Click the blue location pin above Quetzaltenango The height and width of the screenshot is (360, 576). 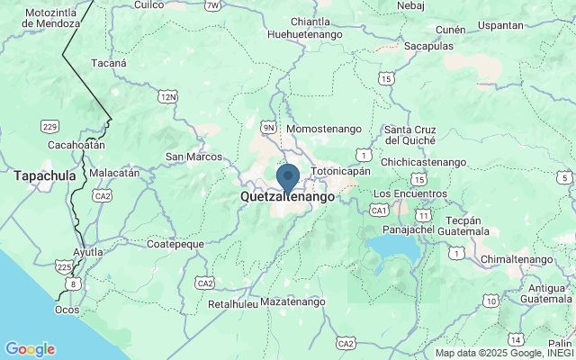pyautogui.click(x=288, y=177)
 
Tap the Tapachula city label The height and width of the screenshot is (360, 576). pyautogui.click(x=44, y=176)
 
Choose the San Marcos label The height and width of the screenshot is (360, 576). pyautogui.click(x=193, y=157)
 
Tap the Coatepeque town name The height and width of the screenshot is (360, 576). pyautogui.click(x=175, y=244)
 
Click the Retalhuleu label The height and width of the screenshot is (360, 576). pyautogui.click(x=233, y=303)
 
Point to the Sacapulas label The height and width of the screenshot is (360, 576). pyautogui.click(x=428, y=46)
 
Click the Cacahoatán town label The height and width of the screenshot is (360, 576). pyautogui.click(x=76, y=144)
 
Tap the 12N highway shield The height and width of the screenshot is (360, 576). pyautogui.click(x=167, y=94)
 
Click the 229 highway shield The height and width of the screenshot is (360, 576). pyautogui.click(x=50, y=126)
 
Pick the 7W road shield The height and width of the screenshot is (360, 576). pyautogui.click(x=212, y=5)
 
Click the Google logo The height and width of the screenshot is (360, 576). pyautogui.click(x=30, y=349)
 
